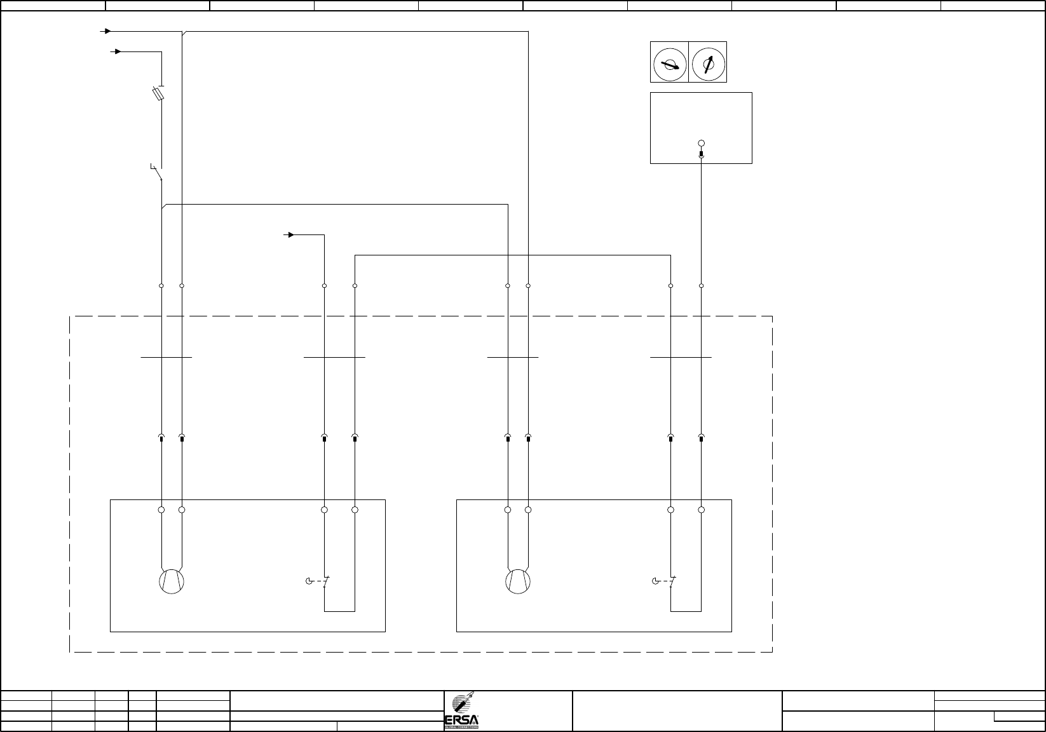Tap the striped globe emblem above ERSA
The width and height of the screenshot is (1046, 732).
click(459, 705)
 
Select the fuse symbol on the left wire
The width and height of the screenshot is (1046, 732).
click(161, 94)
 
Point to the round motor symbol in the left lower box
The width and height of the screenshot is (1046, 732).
click(172, 581)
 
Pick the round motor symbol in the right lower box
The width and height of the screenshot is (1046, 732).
click(518, 581)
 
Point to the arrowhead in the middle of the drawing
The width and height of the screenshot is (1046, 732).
click(290, 235)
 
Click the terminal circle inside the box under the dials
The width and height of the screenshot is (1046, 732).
click(702, 144)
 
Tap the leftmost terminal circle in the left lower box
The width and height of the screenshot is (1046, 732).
click(161, 510)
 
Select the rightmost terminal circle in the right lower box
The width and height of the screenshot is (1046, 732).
click(702, 510)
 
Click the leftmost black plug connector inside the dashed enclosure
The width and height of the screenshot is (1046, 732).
click(161, 438)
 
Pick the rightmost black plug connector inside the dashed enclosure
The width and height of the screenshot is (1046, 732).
click(702, 438)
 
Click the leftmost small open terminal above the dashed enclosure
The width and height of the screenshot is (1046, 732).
click(161, 286)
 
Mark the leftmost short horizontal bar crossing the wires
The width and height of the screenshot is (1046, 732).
click(166, 358)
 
